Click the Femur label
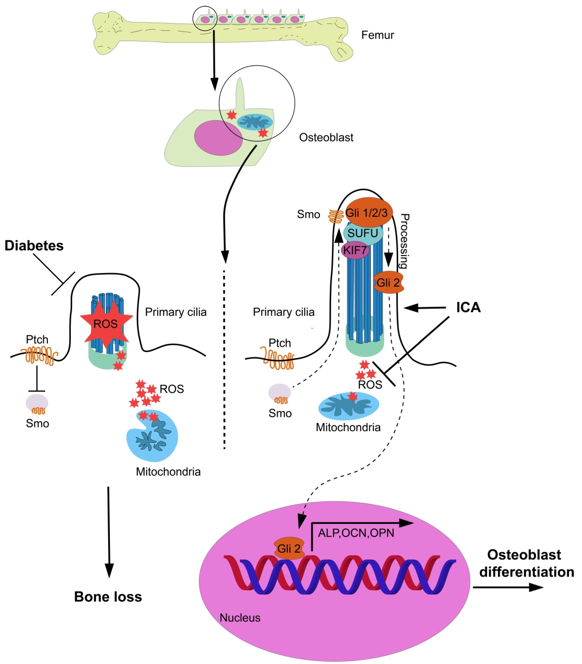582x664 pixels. pyautogui.click(x=377, y=35)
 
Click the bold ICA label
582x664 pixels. pyautogui.click(x=468, y=307)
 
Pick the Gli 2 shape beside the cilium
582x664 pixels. pyautogui.click(x=388, y=282)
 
